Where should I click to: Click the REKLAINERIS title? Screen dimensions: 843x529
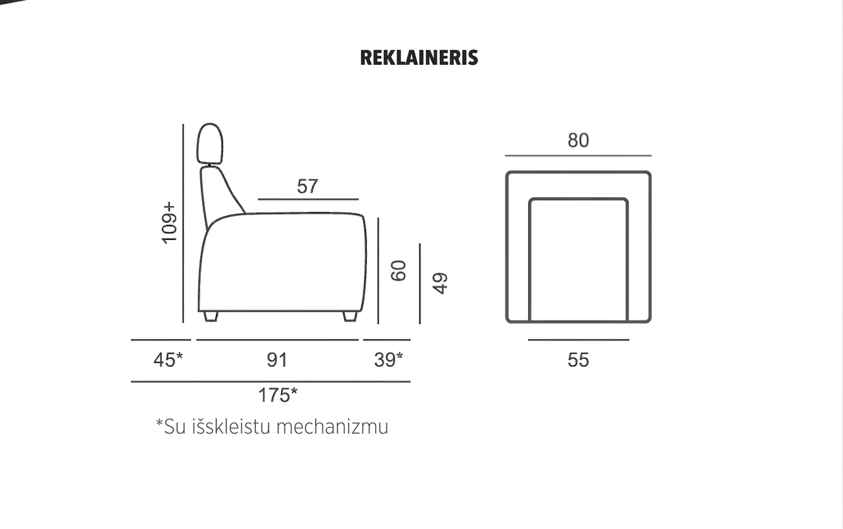pyautogui.click(x=419, y=58)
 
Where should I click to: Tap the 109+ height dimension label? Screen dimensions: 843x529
pyautogui.click(x=169, y=223)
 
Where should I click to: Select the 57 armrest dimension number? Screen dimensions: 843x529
pyautogui.click(x=308, y=186)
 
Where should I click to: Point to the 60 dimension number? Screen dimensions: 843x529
pyautogui.click(x=398, y=271)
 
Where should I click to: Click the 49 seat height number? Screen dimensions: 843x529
pyautogui.click(x=440, y=283)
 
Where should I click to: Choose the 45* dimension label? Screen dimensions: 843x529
pyautogui.click(x=168, y=359)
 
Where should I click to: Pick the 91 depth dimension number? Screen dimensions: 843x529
pyautogui.click(x=277, y=360)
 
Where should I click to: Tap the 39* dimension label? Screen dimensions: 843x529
pyautogui.click(x=388, y=359)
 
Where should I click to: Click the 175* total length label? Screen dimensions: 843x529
pyautogui.click(x=278, y=395)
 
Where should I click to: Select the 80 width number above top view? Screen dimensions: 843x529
pyautogui.click(x=578, y=140)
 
